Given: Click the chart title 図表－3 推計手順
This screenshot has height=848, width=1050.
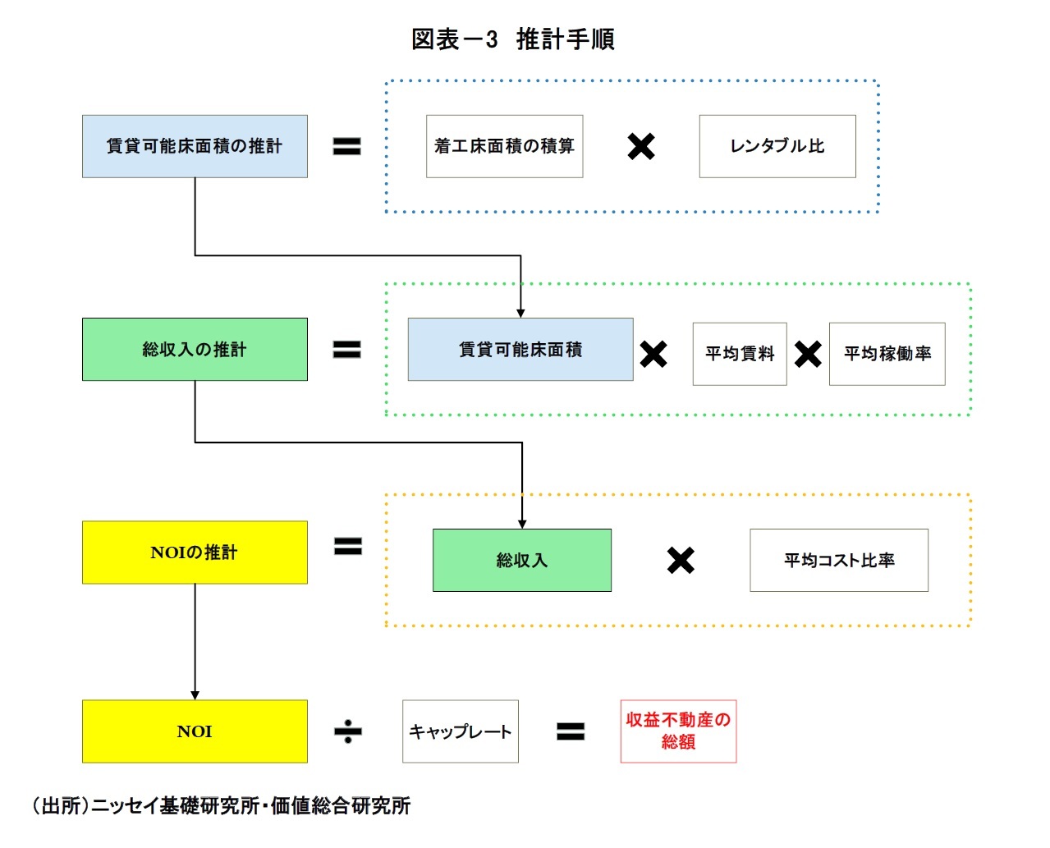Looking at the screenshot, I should [x=512, y=39].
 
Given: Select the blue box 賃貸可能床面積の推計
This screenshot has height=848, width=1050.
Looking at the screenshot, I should [x=195, y=146].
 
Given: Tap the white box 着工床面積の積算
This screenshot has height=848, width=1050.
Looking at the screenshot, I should [x=504, y=146].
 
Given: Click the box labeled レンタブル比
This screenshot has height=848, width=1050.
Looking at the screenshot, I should [x=777, y=146].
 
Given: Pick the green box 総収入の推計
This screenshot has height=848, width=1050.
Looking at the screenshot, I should [x=195, y=350].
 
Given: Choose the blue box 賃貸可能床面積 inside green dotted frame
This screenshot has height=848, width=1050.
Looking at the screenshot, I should [x=520, y=350].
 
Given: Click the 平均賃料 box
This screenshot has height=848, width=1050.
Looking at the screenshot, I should [x=739, y=354].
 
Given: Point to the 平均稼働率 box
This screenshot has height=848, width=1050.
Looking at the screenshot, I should [x=887, y=354].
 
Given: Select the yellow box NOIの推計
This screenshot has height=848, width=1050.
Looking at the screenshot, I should [x=195, y=552].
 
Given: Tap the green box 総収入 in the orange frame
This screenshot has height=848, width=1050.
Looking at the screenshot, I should [x=521, y=561].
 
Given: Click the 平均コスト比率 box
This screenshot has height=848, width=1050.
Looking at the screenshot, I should [x=838, y=561].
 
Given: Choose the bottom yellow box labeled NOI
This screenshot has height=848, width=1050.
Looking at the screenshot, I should [x=195, y=731].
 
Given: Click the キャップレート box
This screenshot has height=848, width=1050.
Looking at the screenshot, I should [x=460, y=731].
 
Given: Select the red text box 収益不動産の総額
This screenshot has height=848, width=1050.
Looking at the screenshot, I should [x=678, y=731].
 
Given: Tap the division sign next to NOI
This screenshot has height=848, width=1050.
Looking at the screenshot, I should [x=348, y=731].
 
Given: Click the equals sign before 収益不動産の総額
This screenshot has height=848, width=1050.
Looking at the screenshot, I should [x=571, y=731].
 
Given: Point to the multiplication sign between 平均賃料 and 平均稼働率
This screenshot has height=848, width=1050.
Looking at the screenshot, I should [x=808, y=355].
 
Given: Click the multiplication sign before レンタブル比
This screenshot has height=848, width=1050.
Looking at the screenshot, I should [x=640, y=147].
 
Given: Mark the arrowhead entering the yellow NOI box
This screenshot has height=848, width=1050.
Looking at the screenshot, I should [x=195, y=694].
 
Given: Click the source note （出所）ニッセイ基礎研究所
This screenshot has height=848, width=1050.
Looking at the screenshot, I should [x=222, y=805].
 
